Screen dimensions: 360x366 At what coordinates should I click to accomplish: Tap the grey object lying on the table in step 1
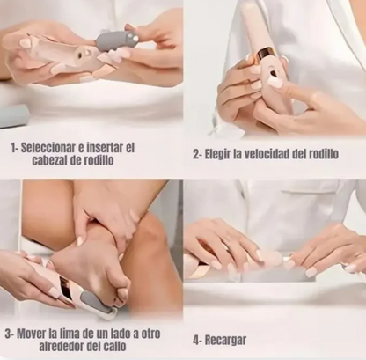13,116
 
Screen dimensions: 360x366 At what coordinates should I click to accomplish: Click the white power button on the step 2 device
274,81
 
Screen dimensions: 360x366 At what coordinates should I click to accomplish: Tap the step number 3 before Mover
8,334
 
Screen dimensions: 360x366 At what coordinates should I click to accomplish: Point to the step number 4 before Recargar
195,339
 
